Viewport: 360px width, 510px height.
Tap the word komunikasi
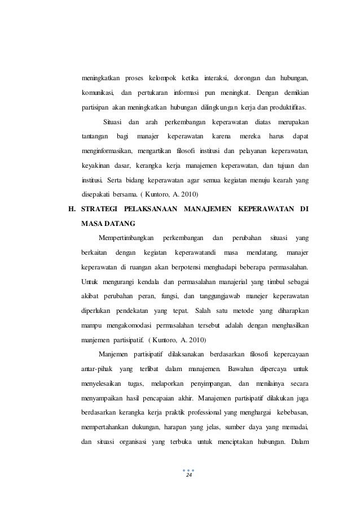pyautogui.click(x=97, y=93)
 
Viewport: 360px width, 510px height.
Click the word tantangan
pyautogui.click(x=95, y=137)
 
